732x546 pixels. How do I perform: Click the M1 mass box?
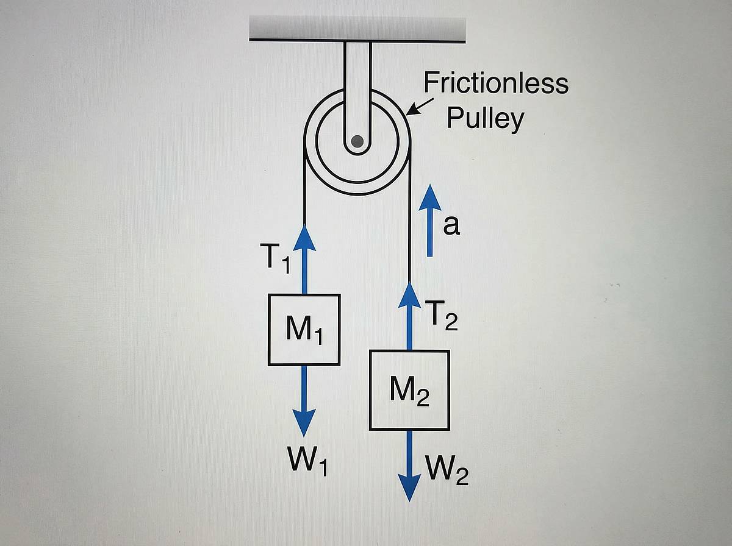pos(304,330)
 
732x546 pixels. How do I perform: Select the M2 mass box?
pos(409,390)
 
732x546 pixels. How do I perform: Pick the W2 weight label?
pos(448,470)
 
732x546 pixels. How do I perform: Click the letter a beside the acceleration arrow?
pos(451,225)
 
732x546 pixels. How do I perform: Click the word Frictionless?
pos(495,83)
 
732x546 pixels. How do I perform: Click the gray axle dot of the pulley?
pos(357,142)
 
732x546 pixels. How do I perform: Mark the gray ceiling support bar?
pos(357,29)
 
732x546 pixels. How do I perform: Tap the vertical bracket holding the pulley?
pos(357,79)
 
